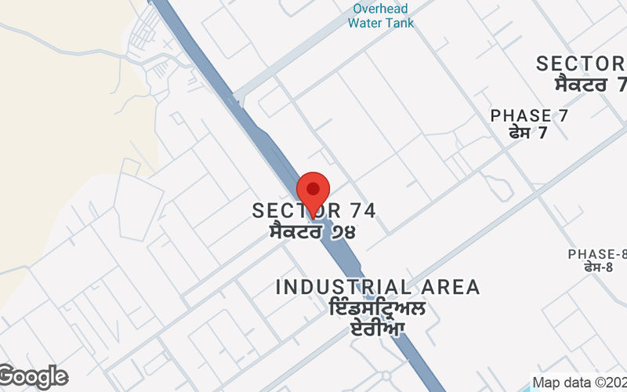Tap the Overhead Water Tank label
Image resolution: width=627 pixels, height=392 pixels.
click(x=381, y=16)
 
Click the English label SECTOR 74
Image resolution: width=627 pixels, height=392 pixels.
click(x=314, y=210)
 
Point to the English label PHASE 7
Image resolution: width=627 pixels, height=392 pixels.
click(x=529, y=116)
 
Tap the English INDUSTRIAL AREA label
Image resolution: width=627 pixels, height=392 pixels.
click(x=378, y=287)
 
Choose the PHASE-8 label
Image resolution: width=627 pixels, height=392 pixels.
click(x=598, y=254)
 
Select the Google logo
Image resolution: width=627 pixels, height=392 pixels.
click(x=34, y=377)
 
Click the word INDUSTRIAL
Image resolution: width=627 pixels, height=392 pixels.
click(x=343, y=287)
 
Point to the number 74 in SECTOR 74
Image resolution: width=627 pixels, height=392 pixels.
click(x=361, y=210)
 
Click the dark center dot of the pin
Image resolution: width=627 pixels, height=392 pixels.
click(x=313, y=188)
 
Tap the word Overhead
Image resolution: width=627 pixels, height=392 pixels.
click(x=381, y=9)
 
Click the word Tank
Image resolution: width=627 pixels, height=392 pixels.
click(x=400, y=23)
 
